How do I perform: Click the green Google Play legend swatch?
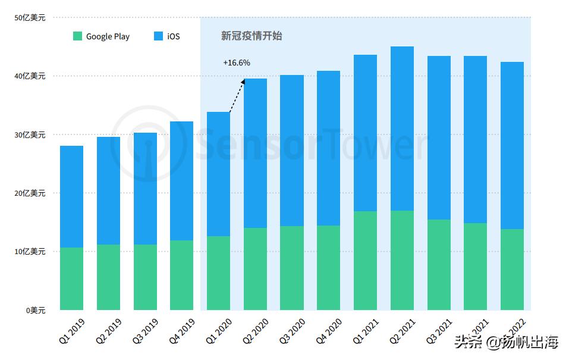coord(77,36)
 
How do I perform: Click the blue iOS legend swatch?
coord(158,36)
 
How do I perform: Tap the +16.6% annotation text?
coord(237,62)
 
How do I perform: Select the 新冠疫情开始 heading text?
coord(252,36)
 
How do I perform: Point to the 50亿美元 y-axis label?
coord(30,18)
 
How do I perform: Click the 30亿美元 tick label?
coord(30,135)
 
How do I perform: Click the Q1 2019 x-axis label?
coord(72,330)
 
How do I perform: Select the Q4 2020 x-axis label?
coord(328,330)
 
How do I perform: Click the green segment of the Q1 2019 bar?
coord(72,278)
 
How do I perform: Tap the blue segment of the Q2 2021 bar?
coord(402,128)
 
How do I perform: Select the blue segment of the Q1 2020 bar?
coord(218,174)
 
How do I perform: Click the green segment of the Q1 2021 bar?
coord(365,261)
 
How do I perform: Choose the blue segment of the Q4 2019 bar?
coord(181,180)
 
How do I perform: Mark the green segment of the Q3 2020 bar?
coord(292,268)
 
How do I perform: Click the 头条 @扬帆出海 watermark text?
coord(507,342)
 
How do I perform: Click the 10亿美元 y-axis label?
coord(30,252)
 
